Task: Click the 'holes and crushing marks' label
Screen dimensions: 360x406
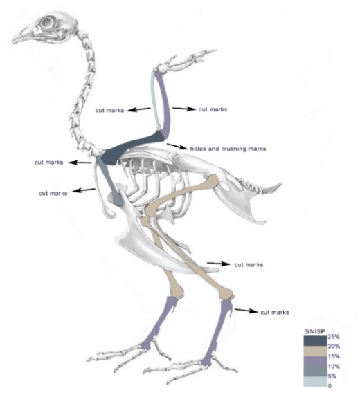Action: (228, 149)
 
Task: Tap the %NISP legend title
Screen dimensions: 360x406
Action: (314, 332)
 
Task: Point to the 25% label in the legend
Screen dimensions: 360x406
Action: (334, 337)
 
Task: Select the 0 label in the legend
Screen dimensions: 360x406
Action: (330, 386)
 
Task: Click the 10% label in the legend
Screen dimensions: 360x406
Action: (334, 367)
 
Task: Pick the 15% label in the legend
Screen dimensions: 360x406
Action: (334, 356)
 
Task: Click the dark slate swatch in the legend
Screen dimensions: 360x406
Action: (315, 341)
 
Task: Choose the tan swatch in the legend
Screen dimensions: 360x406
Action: (315, 351)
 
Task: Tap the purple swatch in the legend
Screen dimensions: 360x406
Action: (315, 361)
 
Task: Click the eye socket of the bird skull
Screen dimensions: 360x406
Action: (48, 23)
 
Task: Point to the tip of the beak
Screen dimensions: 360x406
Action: (12, 41)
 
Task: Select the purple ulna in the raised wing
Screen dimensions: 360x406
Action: (164, 104)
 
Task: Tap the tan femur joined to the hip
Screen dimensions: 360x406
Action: (181, 194)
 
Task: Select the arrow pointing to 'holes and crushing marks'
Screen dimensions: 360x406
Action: (177, 147)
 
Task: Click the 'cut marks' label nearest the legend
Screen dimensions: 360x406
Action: (275, 313)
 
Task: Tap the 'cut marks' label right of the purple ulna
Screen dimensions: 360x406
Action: (213, 109)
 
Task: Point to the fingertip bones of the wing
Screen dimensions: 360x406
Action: (205, 53)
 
